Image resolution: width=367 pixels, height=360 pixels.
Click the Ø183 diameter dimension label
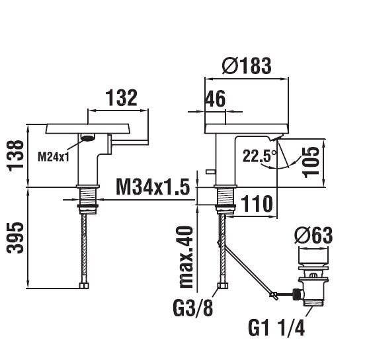tap(247, 66)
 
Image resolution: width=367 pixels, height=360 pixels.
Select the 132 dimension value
tap(122, 98)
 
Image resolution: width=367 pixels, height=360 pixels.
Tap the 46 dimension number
tap(215, 99)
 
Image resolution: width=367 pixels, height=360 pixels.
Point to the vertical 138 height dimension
tap(15, 156)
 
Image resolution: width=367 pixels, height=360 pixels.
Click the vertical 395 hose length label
tap(15, 238)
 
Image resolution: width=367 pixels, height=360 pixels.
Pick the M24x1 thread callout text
tap(54, 156)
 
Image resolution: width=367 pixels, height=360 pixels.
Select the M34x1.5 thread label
tap(153, 187)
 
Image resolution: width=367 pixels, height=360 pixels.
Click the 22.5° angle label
tap(259, 156)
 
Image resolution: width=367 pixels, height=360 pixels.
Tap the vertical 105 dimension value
tap(311, 162)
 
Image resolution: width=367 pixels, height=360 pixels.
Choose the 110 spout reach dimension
tap(257, 204)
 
